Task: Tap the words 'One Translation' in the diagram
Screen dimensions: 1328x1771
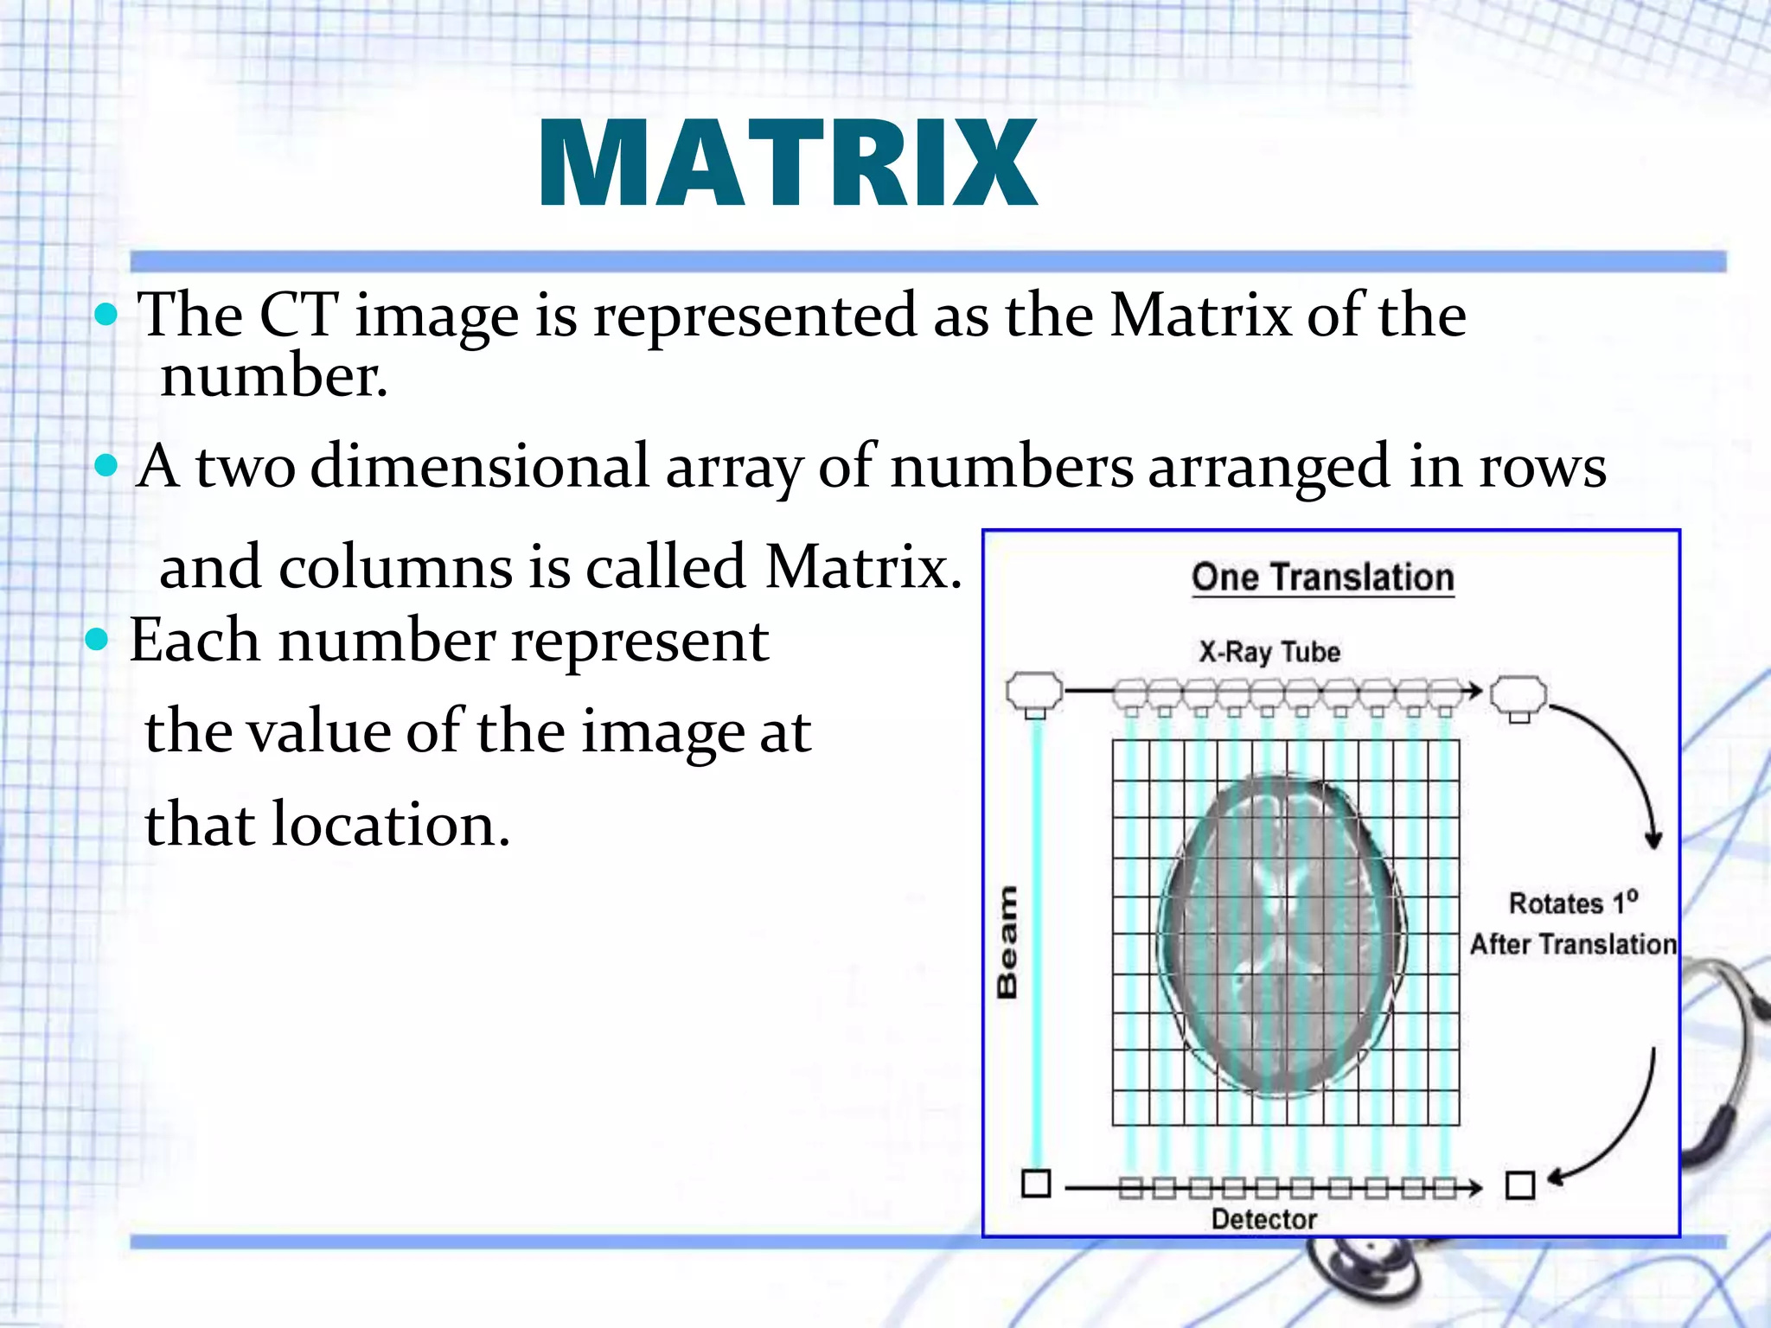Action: pos(1322,578)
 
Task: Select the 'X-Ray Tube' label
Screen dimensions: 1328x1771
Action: pos(1269,652)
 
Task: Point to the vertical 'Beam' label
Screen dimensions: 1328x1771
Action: pos(1007,942)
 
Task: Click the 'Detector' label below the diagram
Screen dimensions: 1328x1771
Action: pos(1263,1219)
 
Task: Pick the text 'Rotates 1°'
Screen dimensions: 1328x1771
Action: pos(1573,903)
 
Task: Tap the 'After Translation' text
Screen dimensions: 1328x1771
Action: pos(1573,944)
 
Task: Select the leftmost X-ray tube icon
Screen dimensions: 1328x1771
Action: pos(1035,694)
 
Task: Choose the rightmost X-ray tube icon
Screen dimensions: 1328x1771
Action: pos(1519,697)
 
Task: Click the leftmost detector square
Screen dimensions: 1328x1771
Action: pos(1036,1183)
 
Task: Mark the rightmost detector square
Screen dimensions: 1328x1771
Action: pos(1519,1184)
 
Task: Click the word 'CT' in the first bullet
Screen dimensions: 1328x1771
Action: pos(297,315)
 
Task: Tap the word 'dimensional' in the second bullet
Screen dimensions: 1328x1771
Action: pos(479,467)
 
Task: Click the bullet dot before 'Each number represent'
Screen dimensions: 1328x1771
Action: pos(98,641)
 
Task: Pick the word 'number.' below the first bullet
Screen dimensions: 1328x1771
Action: pos(274,377)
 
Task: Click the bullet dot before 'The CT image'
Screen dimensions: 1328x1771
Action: pos(105,315)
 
